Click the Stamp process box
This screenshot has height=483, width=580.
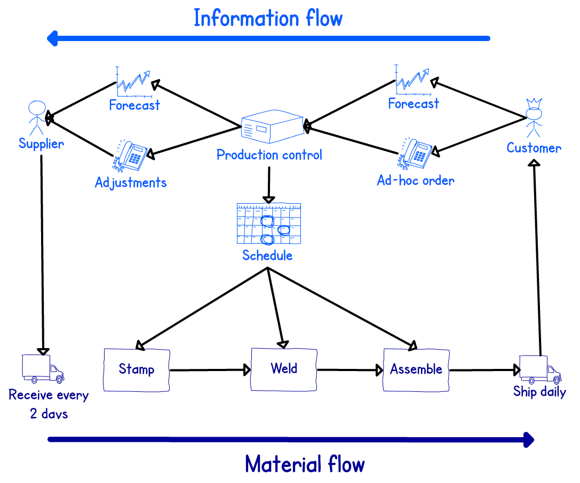pyautogui.click(x=137, y=369)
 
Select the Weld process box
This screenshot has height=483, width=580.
pyautogui.click(x=284, y=369)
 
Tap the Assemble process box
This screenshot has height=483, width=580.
pyautogui.click(x=416, y=369)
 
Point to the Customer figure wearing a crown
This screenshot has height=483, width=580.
pyautogui.click(x=534, y=118)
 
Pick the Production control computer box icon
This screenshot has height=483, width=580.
pyautogui.click(x=272, y=126)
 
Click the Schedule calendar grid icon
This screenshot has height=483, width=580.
pyautogui.click(x=269, y=223)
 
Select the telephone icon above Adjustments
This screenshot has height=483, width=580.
pyautogui.click(x=131, y=156)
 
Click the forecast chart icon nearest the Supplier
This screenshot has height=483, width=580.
pyautogui.click(x=133, y=82)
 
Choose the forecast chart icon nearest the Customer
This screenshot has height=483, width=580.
pyautogui.click(x=412, y=79)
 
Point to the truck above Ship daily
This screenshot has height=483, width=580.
pyautogui.click(x=540, y=369)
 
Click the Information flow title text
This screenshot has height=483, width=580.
pyautogui.click(x=268, y=18)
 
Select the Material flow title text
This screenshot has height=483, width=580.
pyautogui.click(x=305, y=464)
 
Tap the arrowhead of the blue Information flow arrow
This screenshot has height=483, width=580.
pyautogui.click(x=52, y=38)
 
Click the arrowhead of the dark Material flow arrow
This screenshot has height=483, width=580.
pyautogui.click(x=529, y=440)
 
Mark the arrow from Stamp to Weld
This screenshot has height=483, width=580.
pyautogui.click(x=210, y=370)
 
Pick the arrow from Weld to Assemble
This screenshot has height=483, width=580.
pyautogui.click(x=350, y=370)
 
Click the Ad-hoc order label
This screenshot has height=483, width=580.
pyautogui.click(x=416, y=180)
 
